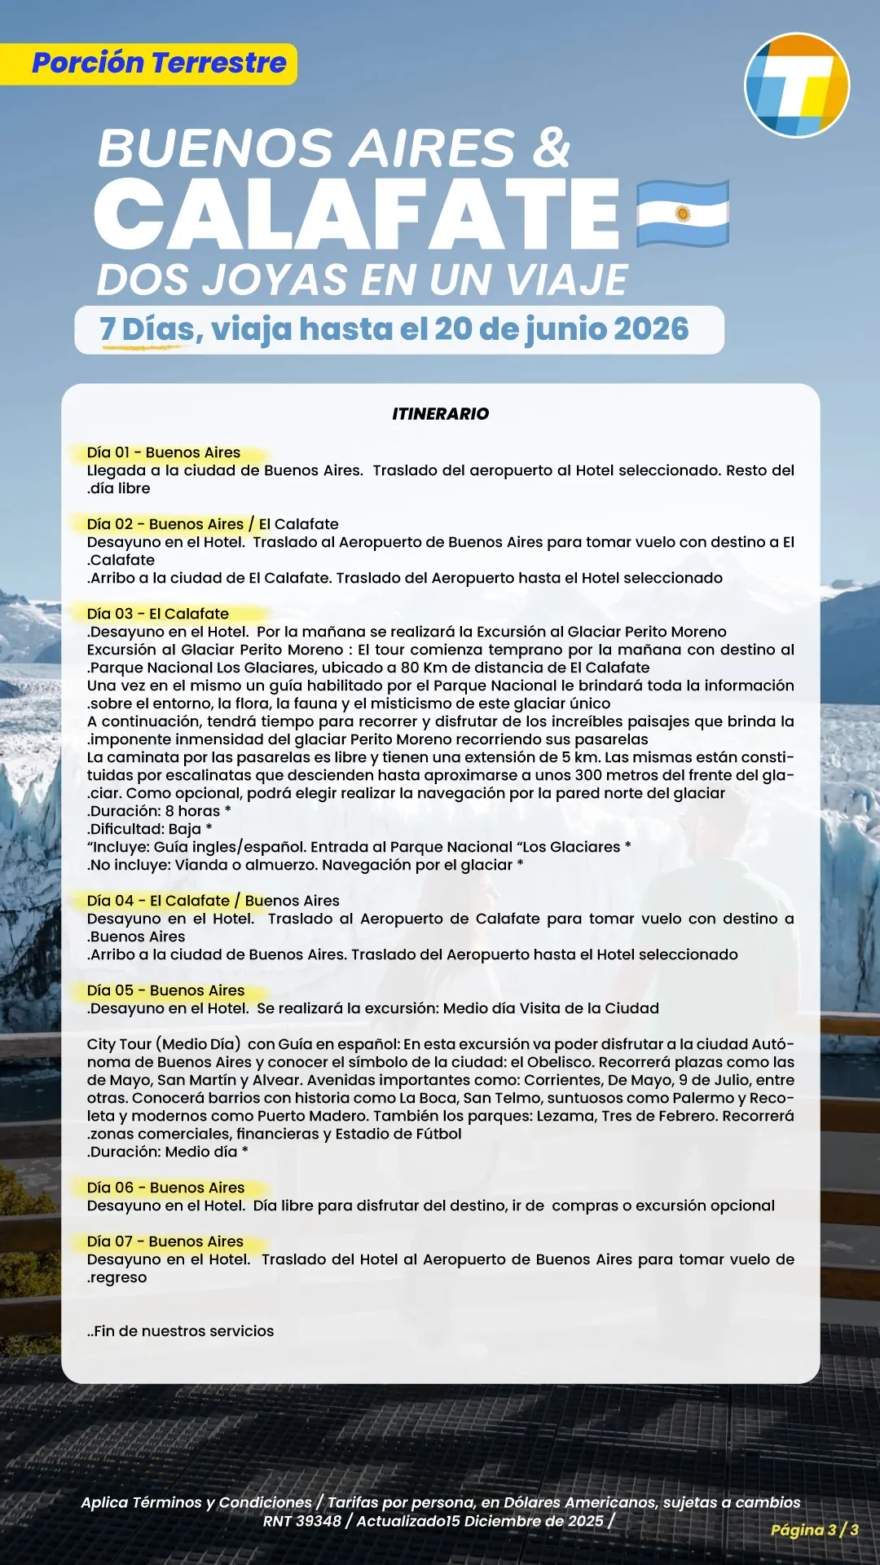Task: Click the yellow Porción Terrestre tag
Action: click(x=159, y=64)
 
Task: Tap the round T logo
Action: click(x=797, y=85)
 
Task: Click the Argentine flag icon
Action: click(x=682, y=214)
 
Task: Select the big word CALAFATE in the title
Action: click(x=359, y=214)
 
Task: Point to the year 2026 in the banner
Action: click(x=651, y=329)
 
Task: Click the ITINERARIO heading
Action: click(x=440, y=414)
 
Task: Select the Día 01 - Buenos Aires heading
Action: click(x=164, y=452)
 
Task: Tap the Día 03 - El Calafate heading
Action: click(x=158, y=614)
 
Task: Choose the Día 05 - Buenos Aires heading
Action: click(x=165, y=990)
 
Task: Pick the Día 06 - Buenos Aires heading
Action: click(x=165, y=1188)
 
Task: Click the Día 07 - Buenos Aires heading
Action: click(x=165, y=1241)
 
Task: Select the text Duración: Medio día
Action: click(x=166, y=1152)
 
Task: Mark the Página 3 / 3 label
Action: click(x=814, y=1530)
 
